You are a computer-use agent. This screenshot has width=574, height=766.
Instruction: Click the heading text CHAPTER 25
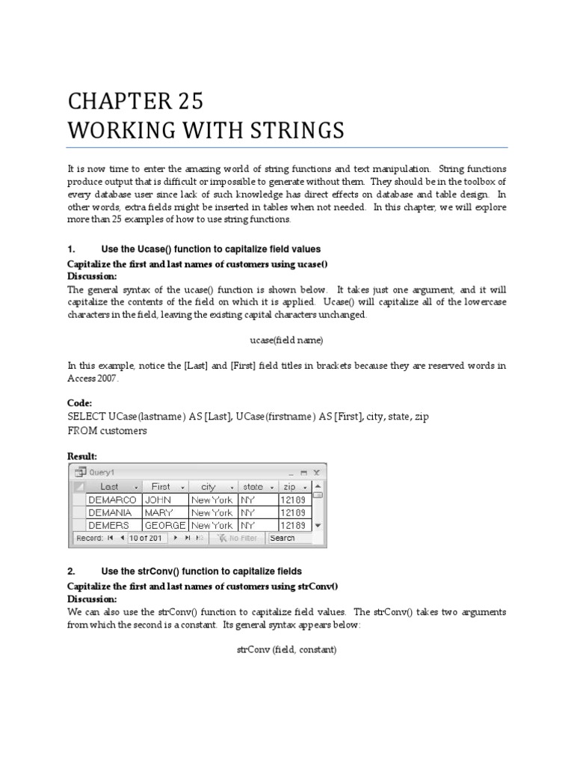click(135, 101)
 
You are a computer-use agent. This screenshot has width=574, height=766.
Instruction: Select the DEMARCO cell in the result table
click(112, 499)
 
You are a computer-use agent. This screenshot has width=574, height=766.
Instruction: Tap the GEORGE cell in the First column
click(164, 526)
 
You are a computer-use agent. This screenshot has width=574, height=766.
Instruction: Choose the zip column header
click(289, 486)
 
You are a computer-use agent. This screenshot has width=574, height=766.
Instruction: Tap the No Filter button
click(238, 538)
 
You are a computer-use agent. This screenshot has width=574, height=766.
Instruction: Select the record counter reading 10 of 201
click(146, 538)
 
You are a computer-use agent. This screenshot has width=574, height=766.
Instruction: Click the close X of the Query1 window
click(316, 473)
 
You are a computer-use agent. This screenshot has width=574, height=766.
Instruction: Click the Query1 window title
click(102, 473)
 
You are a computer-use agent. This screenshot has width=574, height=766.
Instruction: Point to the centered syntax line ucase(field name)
click(286, 340)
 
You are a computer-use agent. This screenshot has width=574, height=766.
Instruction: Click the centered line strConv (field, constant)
click(286, 649)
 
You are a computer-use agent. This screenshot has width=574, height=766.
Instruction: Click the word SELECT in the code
click(87, 417)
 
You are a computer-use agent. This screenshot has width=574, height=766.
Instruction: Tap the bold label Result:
click(82, 456)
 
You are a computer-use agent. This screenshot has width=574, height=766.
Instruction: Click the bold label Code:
click(80, 402)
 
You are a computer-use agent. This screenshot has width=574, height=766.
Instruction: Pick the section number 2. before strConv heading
click(71, 572)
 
